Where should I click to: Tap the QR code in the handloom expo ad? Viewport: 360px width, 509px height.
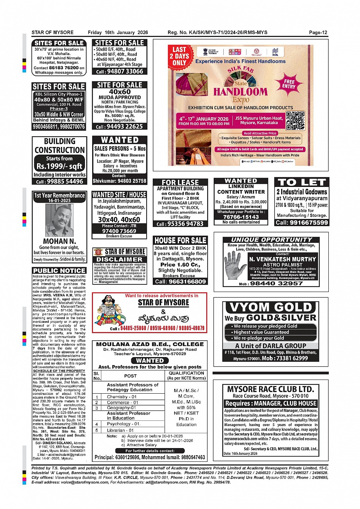[296, 120]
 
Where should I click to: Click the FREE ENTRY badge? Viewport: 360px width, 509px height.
[289, 84]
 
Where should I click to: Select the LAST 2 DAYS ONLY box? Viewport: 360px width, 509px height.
[179, 56]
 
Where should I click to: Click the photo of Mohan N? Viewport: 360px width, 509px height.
[59, 220]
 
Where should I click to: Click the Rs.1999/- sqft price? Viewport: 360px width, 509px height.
[59, 166]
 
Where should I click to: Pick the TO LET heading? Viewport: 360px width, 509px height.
[302, 182]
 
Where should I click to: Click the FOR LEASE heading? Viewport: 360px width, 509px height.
[180, 182]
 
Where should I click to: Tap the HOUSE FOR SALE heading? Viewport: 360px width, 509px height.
[181, 240]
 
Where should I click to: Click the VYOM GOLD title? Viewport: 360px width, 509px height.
[271, 307]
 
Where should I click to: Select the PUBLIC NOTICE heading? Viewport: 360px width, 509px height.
[59, 270]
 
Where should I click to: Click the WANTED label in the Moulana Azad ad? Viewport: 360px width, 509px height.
[150, 360]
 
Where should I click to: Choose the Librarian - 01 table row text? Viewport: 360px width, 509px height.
[120, 430]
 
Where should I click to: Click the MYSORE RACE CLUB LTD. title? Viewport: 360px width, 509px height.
[270, 389]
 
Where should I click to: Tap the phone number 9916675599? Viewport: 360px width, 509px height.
[302, 222]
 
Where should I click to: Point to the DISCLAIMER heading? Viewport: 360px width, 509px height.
[120, 259]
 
